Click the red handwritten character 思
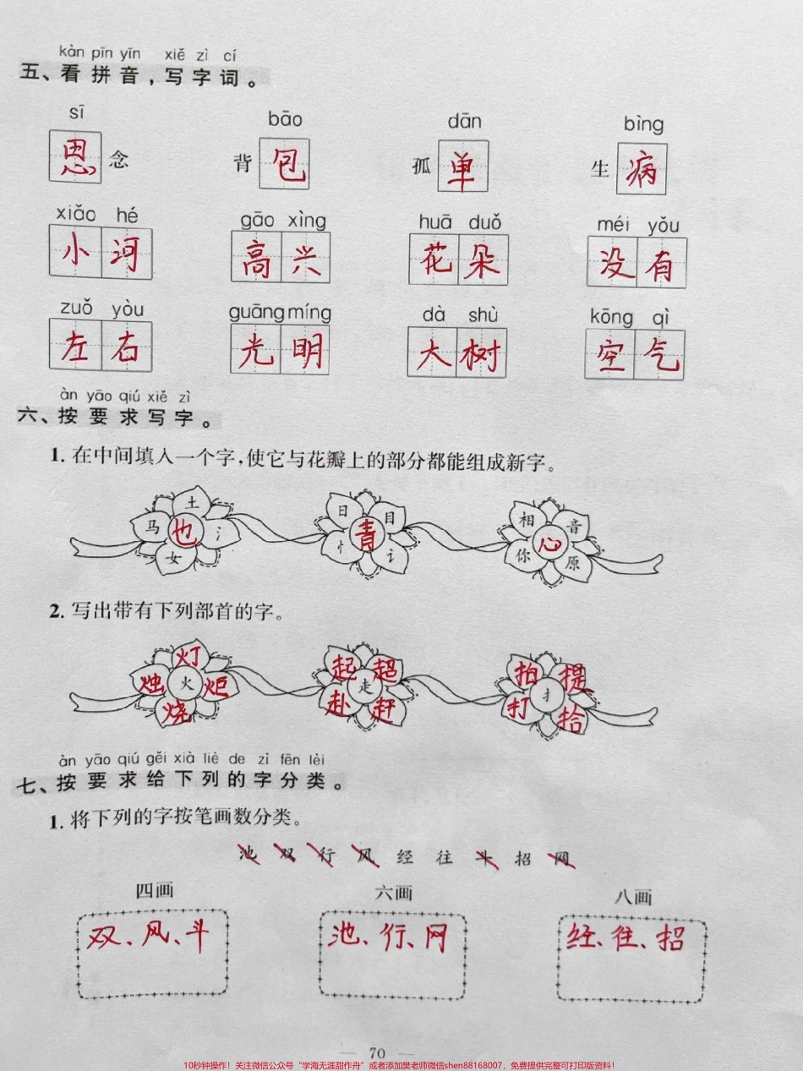click(x=74, y=156)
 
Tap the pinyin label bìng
click(x=644, y=124)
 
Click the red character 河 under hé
click(x=125, y=253)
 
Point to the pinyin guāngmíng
click(x=280, y=312)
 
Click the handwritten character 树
click(x=481, y=355)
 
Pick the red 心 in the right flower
click(x=551, y=542)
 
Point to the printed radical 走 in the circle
click(x=364, y=687)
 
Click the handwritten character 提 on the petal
click(x=574, y=676)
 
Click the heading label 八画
click(x=632, y=897)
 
